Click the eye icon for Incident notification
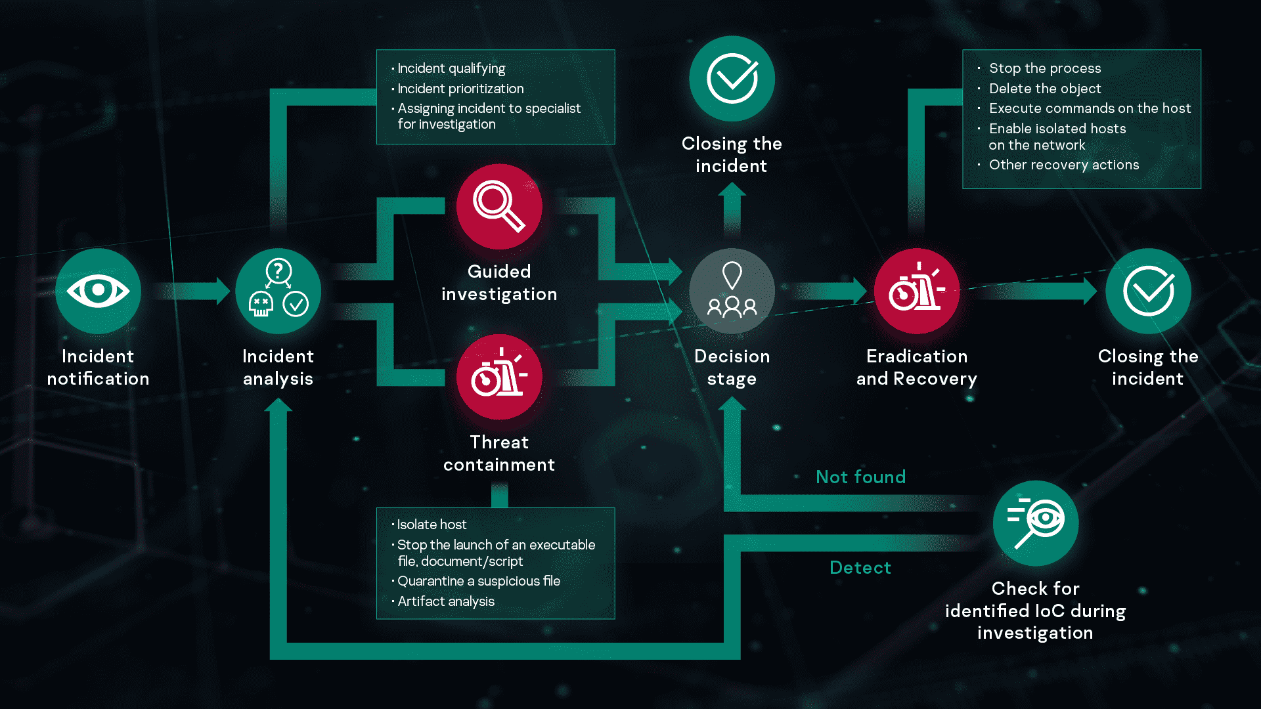98,291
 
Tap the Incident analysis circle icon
278,291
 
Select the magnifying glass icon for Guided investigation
499,206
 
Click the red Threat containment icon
499,377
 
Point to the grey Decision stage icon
732,291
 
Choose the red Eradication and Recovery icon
917,291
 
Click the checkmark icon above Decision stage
732,78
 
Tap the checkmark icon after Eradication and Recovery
1148,291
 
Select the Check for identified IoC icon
1036,523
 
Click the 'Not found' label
860,477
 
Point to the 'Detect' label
860,567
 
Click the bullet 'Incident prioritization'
460,89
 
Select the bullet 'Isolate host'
431,525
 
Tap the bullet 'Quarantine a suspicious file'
478,581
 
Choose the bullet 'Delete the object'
1044,89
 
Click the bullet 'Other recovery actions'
1063,165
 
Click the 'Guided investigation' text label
499,283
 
